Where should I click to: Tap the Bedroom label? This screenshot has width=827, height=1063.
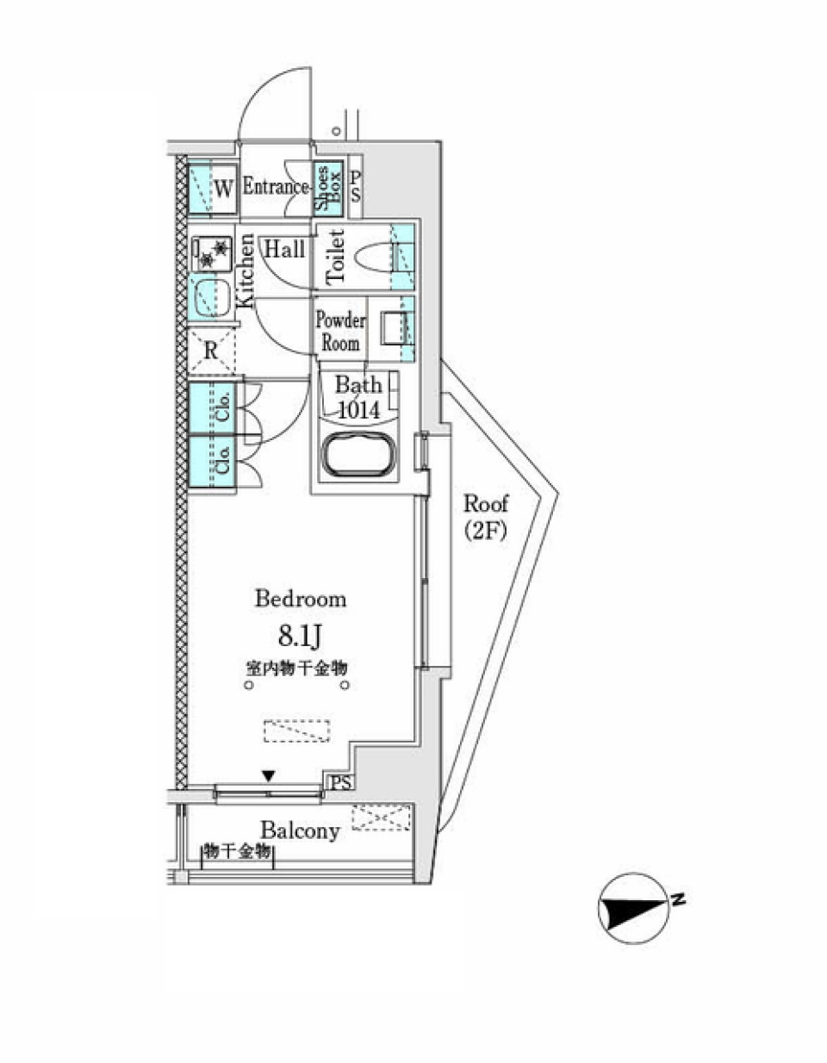pyautogui.click(x=301, y=599)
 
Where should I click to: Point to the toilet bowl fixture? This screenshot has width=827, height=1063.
pyautogui.click(x=373, y=257)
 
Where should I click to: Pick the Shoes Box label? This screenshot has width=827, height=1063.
pyautogui.click(x=328, y=187)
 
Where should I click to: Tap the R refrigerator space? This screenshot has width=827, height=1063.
pyautogui.click(x=211, y=350)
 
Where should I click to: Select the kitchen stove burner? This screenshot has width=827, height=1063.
pyautogui.click(x=211, y=252)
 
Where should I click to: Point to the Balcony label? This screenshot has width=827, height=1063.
pyautogui.click(x=300, y=830)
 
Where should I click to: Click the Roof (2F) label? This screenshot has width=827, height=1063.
pyautogui.click(x=485, y=517)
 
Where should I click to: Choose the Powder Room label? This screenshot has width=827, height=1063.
pyautogui.click(x=340, y=332)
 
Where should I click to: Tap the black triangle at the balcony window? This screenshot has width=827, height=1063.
pyautogui.click(x=269, y=775)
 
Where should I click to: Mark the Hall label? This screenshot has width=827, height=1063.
pyautogui.click(x=284, y=250)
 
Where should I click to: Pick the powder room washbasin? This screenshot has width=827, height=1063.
pyautogui.click(x=395, y=327)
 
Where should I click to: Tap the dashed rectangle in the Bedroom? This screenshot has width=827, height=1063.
pyautogui.click(x=297, y=730)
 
